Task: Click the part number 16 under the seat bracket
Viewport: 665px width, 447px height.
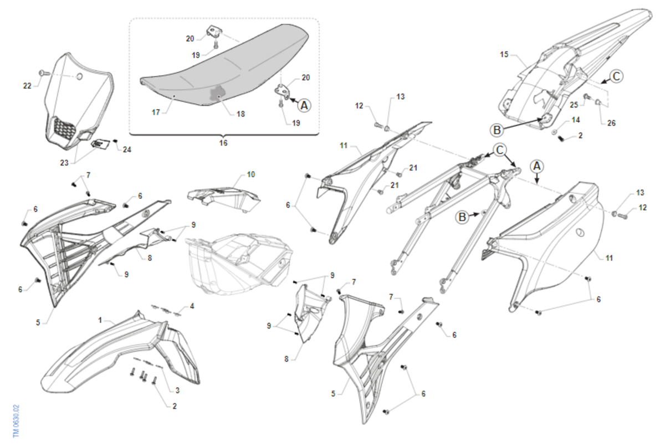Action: (223, 143)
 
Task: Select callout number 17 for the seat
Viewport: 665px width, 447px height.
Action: (156, 112)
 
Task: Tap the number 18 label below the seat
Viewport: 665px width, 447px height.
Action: (241, 114)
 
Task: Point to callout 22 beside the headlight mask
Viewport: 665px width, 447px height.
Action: (27, 86)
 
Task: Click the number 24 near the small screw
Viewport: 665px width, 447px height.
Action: (127, 150)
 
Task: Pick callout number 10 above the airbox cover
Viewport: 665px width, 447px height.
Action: (251, 174)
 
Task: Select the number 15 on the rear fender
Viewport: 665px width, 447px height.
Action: (504, 54)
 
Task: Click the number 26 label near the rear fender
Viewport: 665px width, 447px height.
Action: (611, 123)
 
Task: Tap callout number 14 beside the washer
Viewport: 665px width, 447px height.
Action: (576, 120)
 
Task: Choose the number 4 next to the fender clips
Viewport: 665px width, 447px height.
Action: (192, 306)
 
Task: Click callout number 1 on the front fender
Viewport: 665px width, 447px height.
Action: (100, 320)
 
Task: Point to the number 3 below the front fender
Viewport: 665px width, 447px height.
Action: (177, 391)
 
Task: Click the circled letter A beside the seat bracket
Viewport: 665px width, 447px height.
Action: (304, 105)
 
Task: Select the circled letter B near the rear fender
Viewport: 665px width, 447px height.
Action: (497, 130)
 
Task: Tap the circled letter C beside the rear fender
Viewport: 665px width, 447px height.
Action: (616, 76)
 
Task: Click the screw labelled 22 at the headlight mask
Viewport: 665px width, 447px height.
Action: (42, 72)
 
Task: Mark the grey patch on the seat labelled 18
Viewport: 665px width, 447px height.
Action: (217, 93)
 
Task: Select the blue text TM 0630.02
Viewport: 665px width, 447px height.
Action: (16, 421)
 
